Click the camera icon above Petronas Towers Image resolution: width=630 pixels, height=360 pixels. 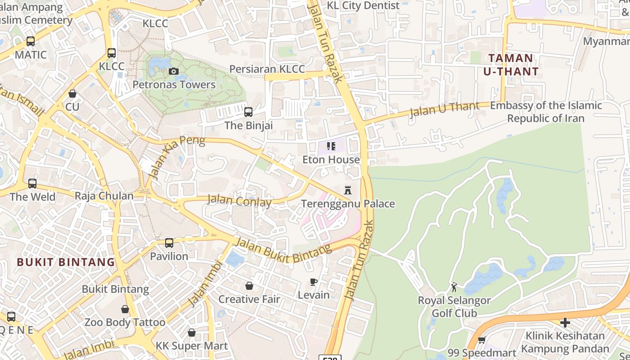(173, 71)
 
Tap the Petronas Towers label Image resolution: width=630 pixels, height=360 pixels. (174, 85)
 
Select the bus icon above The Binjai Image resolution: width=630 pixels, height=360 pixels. (248, 112)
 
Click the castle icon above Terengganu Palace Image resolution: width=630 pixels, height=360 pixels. (347, 190)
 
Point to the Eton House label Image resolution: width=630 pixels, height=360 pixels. (331, 160)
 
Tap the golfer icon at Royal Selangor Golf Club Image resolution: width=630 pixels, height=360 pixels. (454, 287)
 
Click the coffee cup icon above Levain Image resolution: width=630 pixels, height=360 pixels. (314, 282)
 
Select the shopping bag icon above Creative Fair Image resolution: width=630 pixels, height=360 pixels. (249, 286)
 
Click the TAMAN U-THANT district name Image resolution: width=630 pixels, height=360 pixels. (511, 65)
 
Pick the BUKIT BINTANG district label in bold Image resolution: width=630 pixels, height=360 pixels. (66, 262)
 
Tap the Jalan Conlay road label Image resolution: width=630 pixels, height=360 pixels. (239, 200)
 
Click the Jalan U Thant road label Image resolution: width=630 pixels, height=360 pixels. (444, 109)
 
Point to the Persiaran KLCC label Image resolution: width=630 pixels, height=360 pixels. (267, 69)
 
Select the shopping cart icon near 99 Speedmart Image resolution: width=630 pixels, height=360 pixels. (481, 340)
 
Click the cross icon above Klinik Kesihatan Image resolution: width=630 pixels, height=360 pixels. (565, 322)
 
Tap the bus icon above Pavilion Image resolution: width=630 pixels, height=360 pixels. (169, 243)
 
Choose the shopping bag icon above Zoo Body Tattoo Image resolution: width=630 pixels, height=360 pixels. (125, 309)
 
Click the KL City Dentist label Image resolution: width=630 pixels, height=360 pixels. (363, 5)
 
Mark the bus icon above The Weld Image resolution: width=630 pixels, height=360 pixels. (32, 184)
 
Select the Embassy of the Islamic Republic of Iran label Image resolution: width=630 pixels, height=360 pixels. (546, 112)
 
